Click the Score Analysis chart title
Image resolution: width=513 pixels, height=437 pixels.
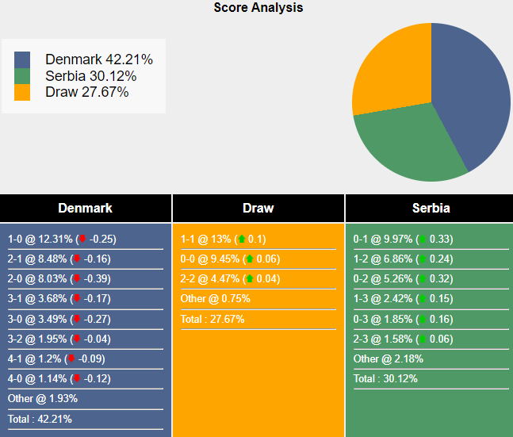tap(258, 8)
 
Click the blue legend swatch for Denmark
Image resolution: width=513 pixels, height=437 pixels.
tap(22, 59)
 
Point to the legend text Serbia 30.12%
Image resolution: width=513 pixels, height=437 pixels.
tap(90, 76)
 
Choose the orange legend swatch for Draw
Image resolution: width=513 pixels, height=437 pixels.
tap(22, 92)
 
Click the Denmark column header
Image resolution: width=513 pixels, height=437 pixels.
tap(85, 209)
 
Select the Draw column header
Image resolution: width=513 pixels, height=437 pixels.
tap(258, 209)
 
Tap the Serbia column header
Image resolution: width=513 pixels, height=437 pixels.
tap(431, 209)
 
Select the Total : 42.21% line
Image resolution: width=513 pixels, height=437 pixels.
tap(40, 419)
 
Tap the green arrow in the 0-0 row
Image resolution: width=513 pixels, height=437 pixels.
tap(250, 259)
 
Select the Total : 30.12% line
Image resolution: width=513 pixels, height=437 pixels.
tap(385, 378)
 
